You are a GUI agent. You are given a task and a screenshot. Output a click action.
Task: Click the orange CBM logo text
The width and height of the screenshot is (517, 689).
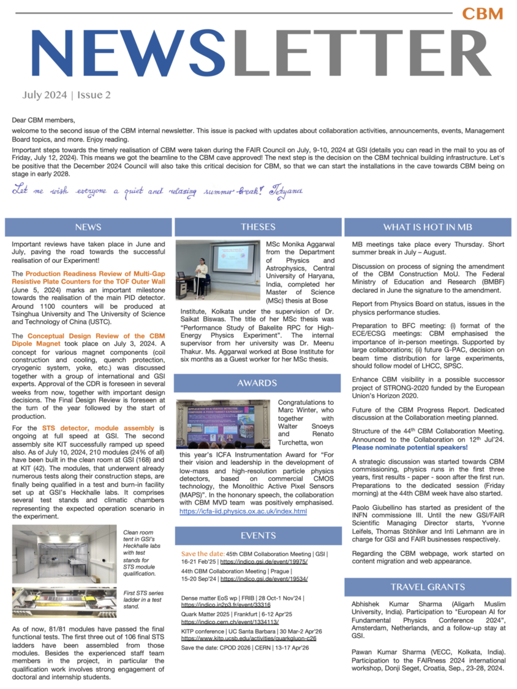click(482, 13)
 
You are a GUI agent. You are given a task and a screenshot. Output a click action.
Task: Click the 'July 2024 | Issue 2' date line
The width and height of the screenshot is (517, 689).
click(67, 95)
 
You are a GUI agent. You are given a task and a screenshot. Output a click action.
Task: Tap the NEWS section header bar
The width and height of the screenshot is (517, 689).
click(88, 227)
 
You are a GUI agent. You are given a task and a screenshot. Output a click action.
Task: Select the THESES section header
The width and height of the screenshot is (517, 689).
click(258, 227)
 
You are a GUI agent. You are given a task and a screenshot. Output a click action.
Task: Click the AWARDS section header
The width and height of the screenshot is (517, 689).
click(258, 383)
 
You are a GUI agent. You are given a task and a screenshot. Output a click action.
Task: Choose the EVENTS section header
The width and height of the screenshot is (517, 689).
click(258, 536)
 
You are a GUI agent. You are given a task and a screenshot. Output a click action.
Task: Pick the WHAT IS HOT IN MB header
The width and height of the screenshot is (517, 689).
click(428, 227)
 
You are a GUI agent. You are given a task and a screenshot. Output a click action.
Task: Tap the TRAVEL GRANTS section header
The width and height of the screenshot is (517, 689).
click(428, 587)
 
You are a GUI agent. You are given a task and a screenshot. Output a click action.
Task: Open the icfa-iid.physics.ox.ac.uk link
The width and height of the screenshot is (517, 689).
click(243, 511)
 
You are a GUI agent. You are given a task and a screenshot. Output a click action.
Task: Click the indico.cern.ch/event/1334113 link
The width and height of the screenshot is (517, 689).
click(226, 622)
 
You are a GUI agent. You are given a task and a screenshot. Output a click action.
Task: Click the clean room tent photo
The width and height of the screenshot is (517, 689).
click(64, 554)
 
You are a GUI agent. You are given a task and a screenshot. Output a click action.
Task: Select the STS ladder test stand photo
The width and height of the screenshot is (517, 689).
click(64, 602)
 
